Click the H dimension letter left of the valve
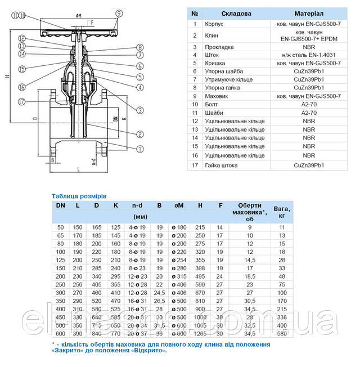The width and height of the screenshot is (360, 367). coord(6,77)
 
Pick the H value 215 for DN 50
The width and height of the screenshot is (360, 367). coord(200,227)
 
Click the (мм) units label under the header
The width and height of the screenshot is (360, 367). coord(139,217)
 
